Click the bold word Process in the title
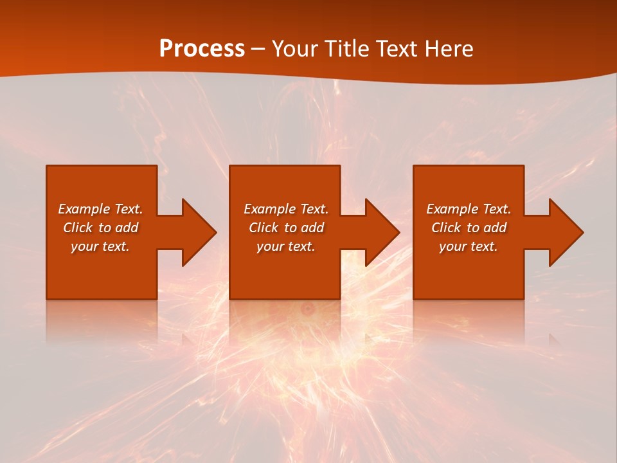pyautogui.click(x=202, y=49)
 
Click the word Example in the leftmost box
pyautogui.click(x=84, y=209)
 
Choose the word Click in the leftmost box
pyautogui.click(x=78, y=228)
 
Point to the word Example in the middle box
pyautogui.click(x=269, y=209)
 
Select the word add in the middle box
pyautogui.click(x=312, y=228)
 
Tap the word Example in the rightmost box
pyautogui.click(x=452, y=209)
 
